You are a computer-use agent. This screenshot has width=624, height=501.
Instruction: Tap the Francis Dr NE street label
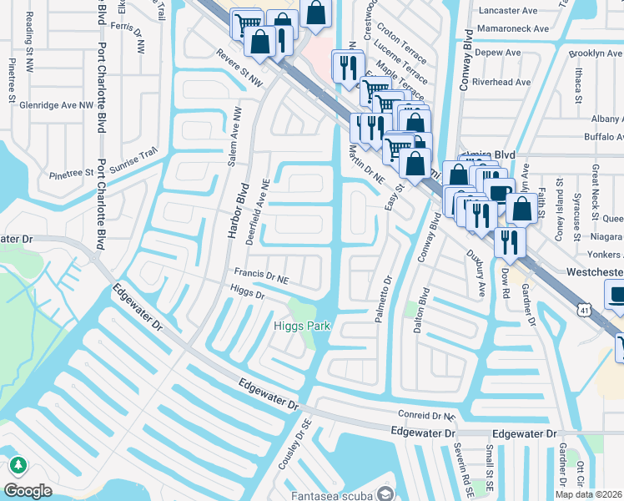(263, 272)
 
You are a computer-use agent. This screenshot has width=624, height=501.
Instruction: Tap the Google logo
(28, 490)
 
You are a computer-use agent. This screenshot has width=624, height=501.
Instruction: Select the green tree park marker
(16, 464)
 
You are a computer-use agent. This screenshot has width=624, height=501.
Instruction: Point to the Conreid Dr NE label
(426, 414)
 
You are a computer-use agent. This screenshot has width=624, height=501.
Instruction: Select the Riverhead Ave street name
(501, 82)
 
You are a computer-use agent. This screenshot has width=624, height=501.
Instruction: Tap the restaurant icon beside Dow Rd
(509, 241)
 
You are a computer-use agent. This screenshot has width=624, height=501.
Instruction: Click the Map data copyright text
(589, 494)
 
